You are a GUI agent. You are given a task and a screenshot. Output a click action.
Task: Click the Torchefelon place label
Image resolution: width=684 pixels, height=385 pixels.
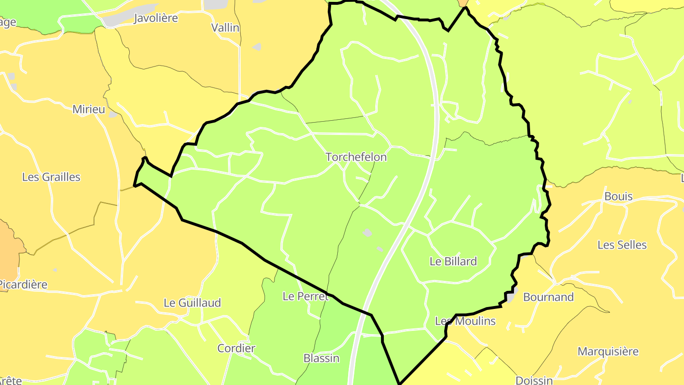tap(356, 157)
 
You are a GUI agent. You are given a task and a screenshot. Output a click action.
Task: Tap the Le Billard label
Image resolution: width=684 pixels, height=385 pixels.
tap(453, 261)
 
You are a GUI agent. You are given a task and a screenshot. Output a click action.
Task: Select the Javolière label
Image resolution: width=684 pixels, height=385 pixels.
tap(156, 18)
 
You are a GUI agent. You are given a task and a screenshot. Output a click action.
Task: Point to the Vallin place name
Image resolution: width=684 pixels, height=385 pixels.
tap(225, 28)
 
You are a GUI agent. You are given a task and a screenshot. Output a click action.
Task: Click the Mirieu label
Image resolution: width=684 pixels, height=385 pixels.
tap(89, 109)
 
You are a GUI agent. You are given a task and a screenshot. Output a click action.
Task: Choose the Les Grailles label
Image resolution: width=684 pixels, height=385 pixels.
tap(51, 177)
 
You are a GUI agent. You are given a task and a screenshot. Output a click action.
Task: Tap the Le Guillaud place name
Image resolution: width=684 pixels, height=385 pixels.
tap(192, 303)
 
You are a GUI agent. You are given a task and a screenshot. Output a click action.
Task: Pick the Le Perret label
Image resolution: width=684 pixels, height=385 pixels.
tap(305, 296)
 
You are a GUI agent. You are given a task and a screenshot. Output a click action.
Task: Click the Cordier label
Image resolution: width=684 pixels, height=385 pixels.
tap(236, 348)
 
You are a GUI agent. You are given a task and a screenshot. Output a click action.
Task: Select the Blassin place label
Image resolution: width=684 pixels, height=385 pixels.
tap(322, 358)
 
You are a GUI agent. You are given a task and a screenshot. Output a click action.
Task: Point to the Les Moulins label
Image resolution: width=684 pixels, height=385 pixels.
tap(465, 321)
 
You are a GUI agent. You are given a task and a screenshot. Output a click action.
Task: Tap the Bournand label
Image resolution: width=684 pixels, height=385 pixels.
tap(549, 297)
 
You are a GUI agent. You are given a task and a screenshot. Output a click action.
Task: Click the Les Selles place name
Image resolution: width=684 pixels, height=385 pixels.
tap(622, 245)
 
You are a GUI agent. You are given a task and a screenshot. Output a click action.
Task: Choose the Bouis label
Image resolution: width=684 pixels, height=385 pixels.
tap(618, 196)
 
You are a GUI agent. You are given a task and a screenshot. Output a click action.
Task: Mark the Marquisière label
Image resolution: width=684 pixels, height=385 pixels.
tap(608, 352)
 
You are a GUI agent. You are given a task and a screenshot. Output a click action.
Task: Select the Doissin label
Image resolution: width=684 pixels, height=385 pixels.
tap(534, 380)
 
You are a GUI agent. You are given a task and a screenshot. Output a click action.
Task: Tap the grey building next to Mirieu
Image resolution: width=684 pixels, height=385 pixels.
tap(113, 115)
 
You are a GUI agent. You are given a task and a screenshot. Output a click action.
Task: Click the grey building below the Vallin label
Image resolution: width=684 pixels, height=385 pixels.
tap(257, 47)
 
